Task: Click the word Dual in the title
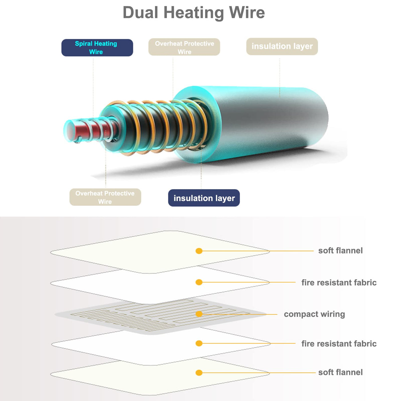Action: pyautogui.click(x=140, y=13)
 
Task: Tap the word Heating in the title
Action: pyautogui.click(x=194, y=13)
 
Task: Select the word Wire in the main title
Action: pyautogui.click(x=247, y=13)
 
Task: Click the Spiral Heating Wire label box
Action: pyautogui.click(x=97, y=48)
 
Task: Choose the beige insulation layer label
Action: pyautogui.click(x=282, y=46)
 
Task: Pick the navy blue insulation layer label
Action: pyautogui.click(x=204, y=198)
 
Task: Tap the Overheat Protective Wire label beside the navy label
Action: pyautogui.click(x=105, y=197)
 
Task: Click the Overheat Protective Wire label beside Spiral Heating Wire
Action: pyautogui.click(x=184, y=47)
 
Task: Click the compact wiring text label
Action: pyautogui.click(x=314, y=314)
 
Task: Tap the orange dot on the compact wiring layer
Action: pyautogui.click(x=199, y=314)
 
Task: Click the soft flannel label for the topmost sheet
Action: pyautogui.click(x=340, y=251)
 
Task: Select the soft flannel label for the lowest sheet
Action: pyautogui.click(x=340, y=372)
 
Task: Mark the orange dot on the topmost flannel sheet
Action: pyautogui.click(x=199, y=251)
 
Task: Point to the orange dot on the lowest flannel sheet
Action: pyautogui.click(x=199, y=373)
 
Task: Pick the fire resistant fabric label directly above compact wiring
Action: pyautogui.click(x=339, y=283)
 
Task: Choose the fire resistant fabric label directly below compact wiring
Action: pyautogui.click(x=339, y=344)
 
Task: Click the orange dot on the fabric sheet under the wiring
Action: pyautogui.click(x=199, y=343)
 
